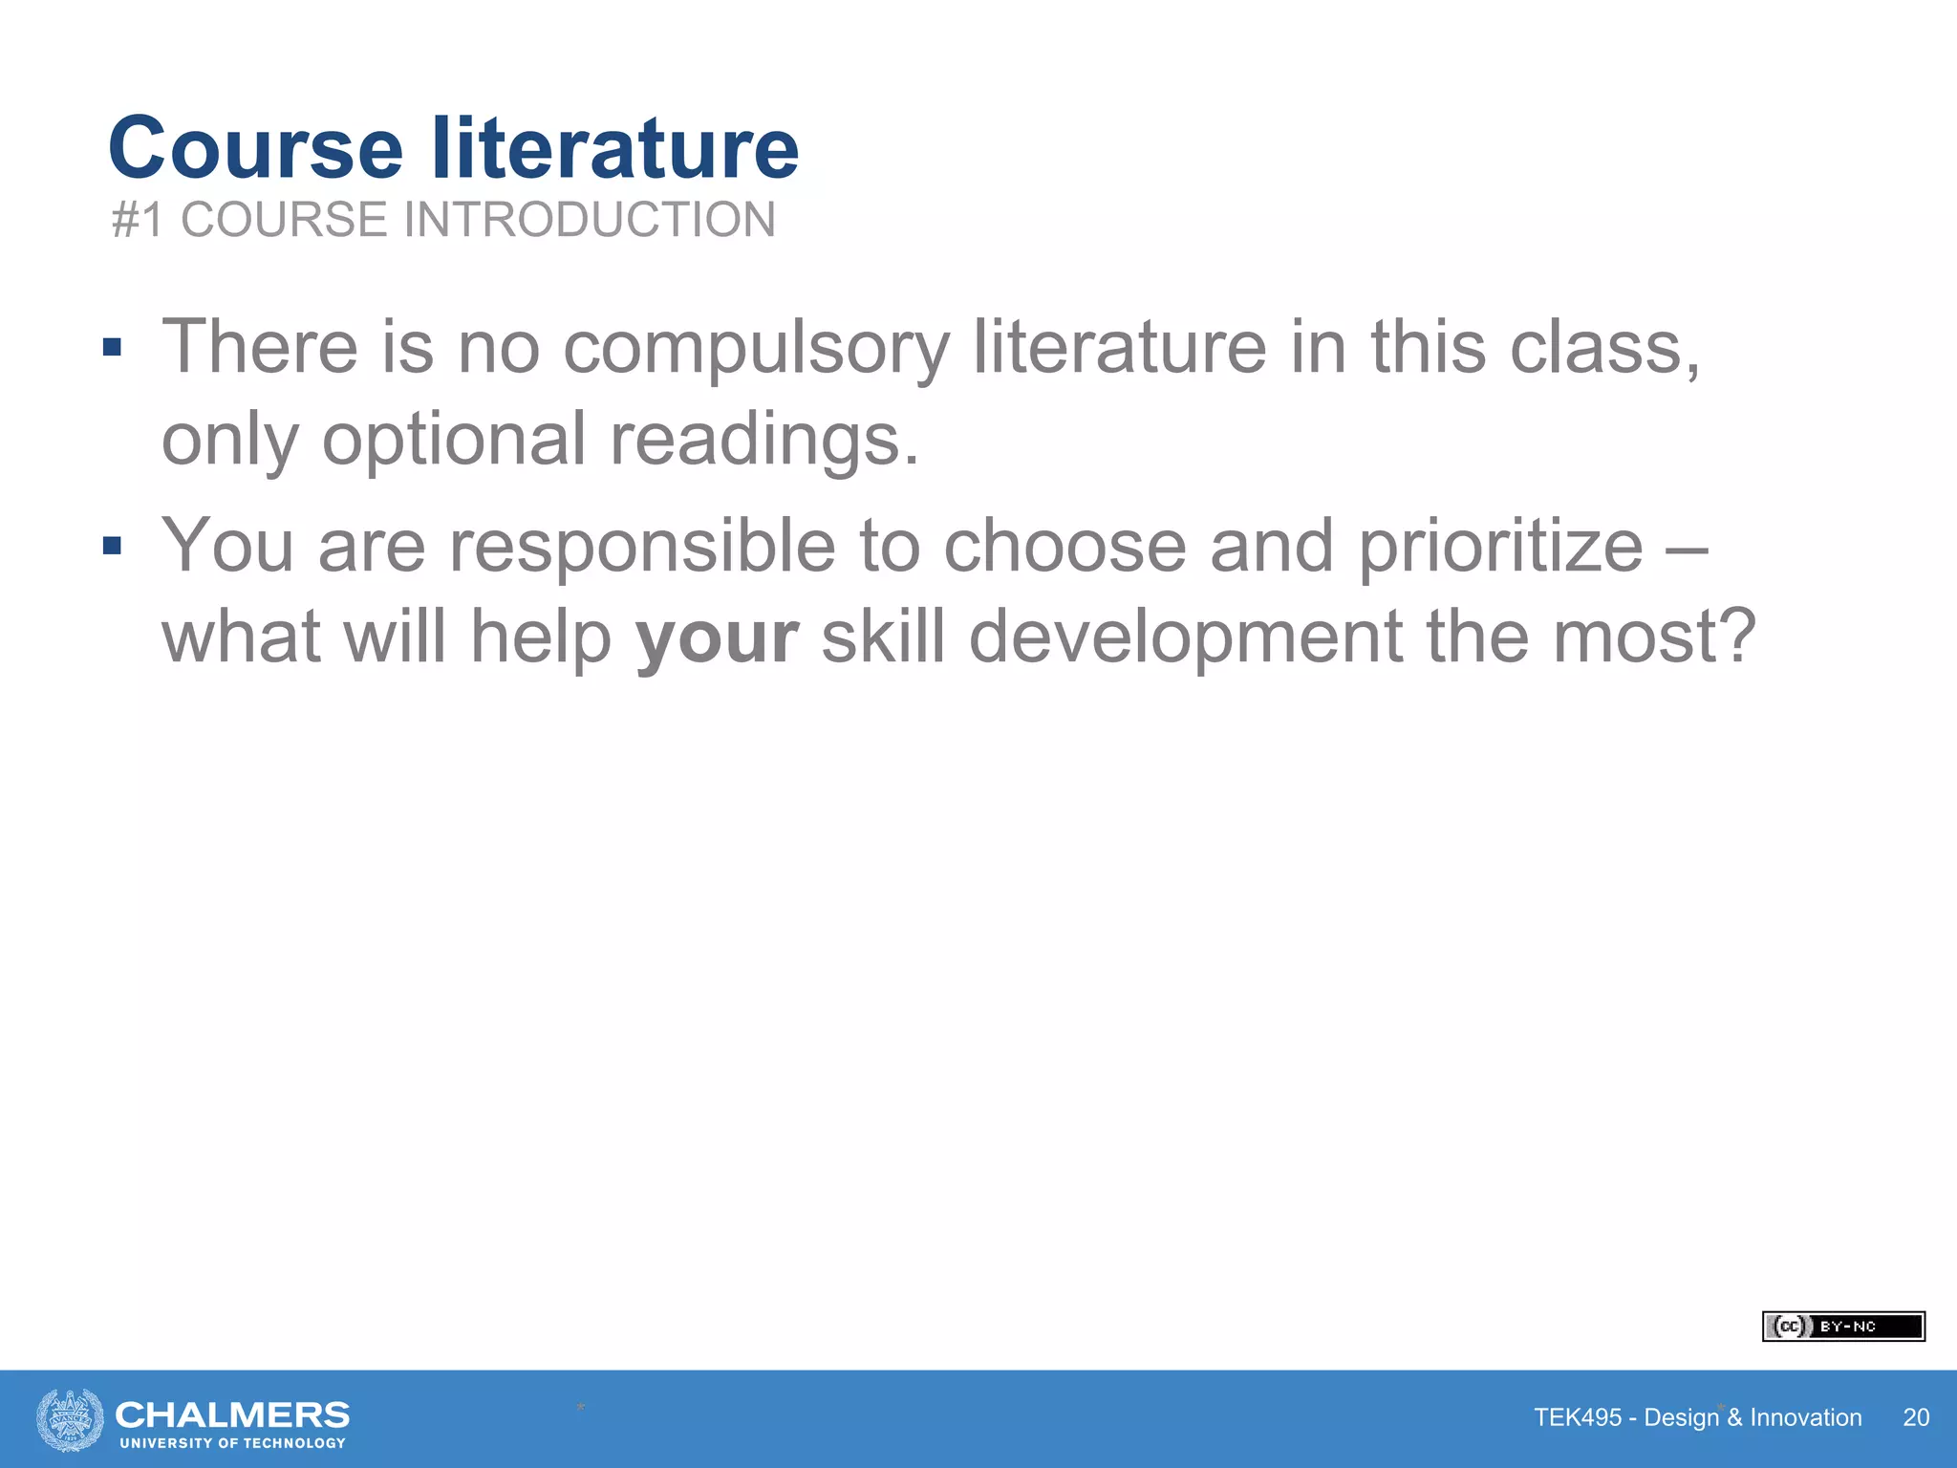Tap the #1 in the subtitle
pos(139,220)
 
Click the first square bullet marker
pos(113,347)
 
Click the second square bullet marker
pos(113,546)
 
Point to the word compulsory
pos(756,348)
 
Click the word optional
pos(454,440)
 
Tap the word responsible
pos(642,546)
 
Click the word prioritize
pos(1500,546)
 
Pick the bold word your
pos(717,638)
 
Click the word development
pos(1185,637)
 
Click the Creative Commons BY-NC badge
pos(1843,1327)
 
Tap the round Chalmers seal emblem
pos(70,1420)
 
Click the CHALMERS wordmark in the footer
pos(232,1414)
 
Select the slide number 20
pos(1916,1417)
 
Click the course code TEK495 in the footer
pos(1578,1417)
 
